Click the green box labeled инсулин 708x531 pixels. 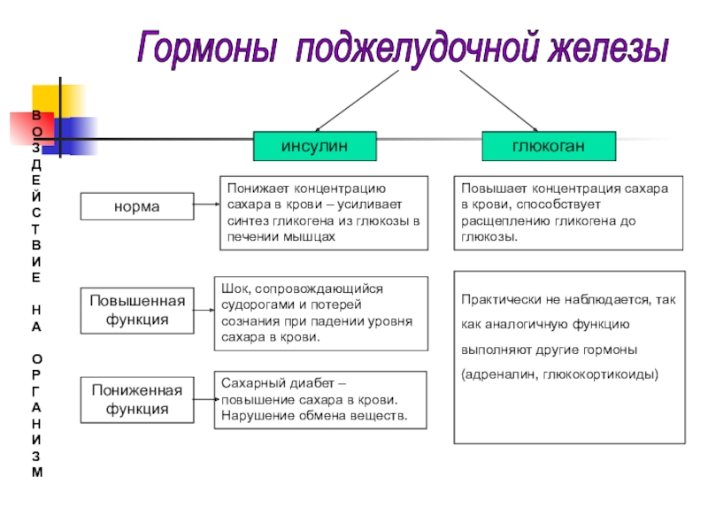315,146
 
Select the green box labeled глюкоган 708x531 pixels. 535,146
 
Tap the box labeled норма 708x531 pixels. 136,207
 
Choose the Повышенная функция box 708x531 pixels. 137,310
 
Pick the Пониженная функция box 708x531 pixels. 137,400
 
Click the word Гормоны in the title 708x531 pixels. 209,47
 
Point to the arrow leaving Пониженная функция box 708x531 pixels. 205,398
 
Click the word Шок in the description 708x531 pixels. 233,289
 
